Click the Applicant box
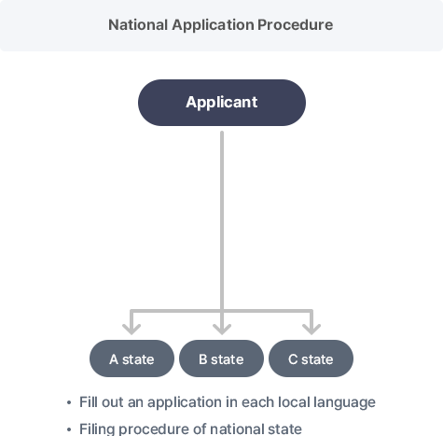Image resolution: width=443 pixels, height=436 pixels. click(x=222, y=103)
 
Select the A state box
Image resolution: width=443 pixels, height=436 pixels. click(x=132, y=359)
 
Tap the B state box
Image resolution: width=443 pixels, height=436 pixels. click(x=221, y=359)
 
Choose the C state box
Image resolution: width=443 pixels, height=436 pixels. click(x=311, y=359)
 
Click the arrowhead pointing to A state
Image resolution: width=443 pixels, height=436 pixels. click(x=132, y=329)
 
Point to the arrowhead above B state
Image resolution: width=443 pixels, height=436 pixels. click(x=222, y=329)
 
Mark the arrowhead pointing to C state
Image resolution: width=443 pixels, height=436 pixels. click(x=311, y=329)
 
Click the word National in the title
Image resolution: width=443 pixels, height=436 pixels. click(x=138, y=25)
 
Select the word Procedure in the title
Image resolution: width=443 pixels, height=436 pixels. click(x=296, y=25)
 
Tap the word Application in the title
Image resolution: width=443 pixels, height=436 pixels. click(x=213, y=25)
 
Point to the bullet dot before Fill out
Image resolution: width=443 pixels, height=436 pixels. click(x=69, y=403)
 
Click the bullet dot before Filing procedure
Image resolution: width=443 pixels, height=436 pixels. click(x=69, y=429)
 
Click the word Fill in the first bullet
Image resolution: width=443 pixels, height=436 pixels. click(x=89, y=401)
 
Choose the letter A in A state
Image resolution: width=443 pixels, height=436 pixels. click(x=114, y=359)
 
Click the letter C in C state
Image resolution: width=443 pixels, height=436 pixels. click(x=293, y=359)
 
